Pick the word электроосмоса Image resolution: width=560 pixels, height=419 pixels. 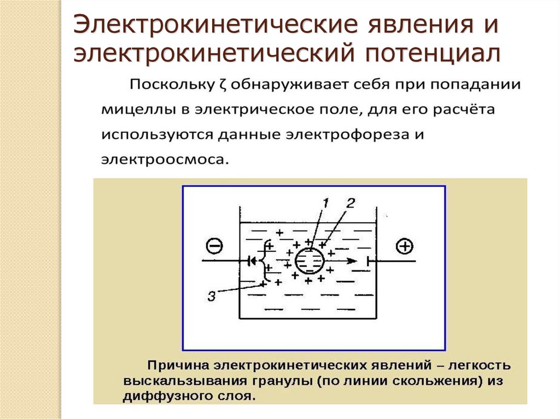pos(162,161)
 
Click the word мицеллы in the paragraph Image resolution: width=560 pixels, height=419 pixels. pos(132,110)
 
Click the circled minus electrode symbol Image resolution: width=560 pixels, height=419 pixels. pos(214,247)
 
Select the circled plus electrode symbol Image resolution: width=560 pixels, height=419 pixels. pos(405,247)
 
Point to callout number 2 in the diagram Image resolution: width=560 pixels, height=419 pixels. pos(350,203)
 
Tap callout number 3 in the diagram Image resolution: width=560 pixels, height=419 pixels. pos(212,297)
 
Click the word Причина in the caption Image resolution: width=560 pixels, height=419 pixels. pos(178,364)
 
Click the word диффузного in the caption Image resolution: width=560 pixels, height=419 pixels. pos(165,395)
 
